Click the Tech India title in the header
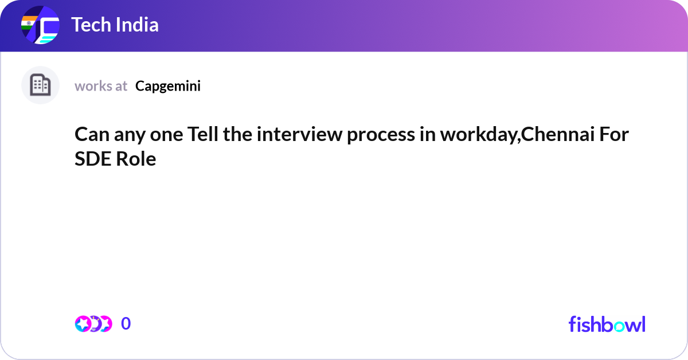pyautogui.click(x=115, y=25)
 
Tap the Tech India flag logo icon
pyautogui.click(x=40, y=26)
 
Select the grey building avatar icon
pyautogui.click(x=40, y=85)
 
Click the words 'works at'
pyautogui.click(x=101, y=86)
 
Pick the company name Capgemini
pyautogui.click(x=168, y=86)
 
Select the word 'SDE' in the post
pyautogui.click(x=92, y=159)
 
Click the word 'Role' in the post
pyautogui.click(x=136, y=159)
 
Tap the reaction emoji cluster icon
pyautogui.click(x=93, y=324)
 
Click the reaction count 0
pyautogui.click(x=126, y=324)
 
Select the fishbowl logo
pyautogui.click(x=607, y=324)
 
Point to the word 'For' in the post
pyautogui.click(x=613, y=136)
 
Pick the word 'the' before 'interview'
pyautogui.click(x=237, y=136)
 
